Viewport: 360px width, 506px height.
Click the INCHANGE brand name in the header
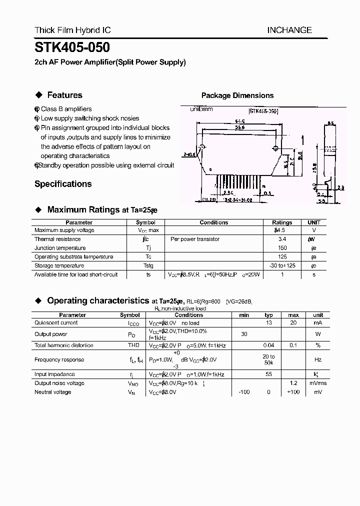pos(289,30)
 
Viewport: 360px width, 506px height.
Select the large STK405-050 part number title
pos(72,48)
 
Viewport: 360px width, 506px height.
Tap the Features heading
pos(64,95)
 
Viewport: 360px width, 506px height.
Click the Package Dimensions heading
pos(237,95)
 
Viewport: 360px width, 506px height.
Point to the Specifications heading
pos(63,184)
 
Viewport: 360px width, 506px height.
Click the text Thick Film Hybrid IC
pos(72,30)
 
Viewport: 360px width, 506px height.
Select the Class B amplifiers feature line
pos(66,109)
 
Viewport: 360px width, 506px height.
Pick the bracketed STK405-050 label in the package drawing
pos(263,111)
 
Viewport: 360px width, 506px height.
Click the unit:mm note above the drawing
pos(201,109)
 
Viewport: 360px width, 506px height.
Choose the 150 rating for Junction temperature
pos(282,248)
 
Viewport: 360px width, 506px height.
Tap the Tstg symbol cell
pos(148,266)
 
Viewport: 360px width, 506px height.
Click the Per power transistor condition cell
pos(195,239)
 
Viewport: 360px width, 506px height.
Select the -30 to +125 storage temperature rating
pos(282,266)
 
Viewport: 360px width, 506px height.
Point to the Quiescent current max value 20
pos(293,323)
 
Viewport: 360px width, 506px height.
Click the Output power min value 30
pos(244,334)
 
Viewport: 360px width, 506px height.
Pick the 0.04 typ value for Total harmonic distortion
pos(268,345)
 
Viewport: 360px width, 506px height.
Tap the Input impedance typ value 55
pos(268,374)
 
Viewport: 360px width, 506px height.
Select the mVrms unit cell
pos(318,383)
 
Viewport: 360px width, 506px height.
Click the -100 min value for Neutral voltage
pos(244,392)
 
